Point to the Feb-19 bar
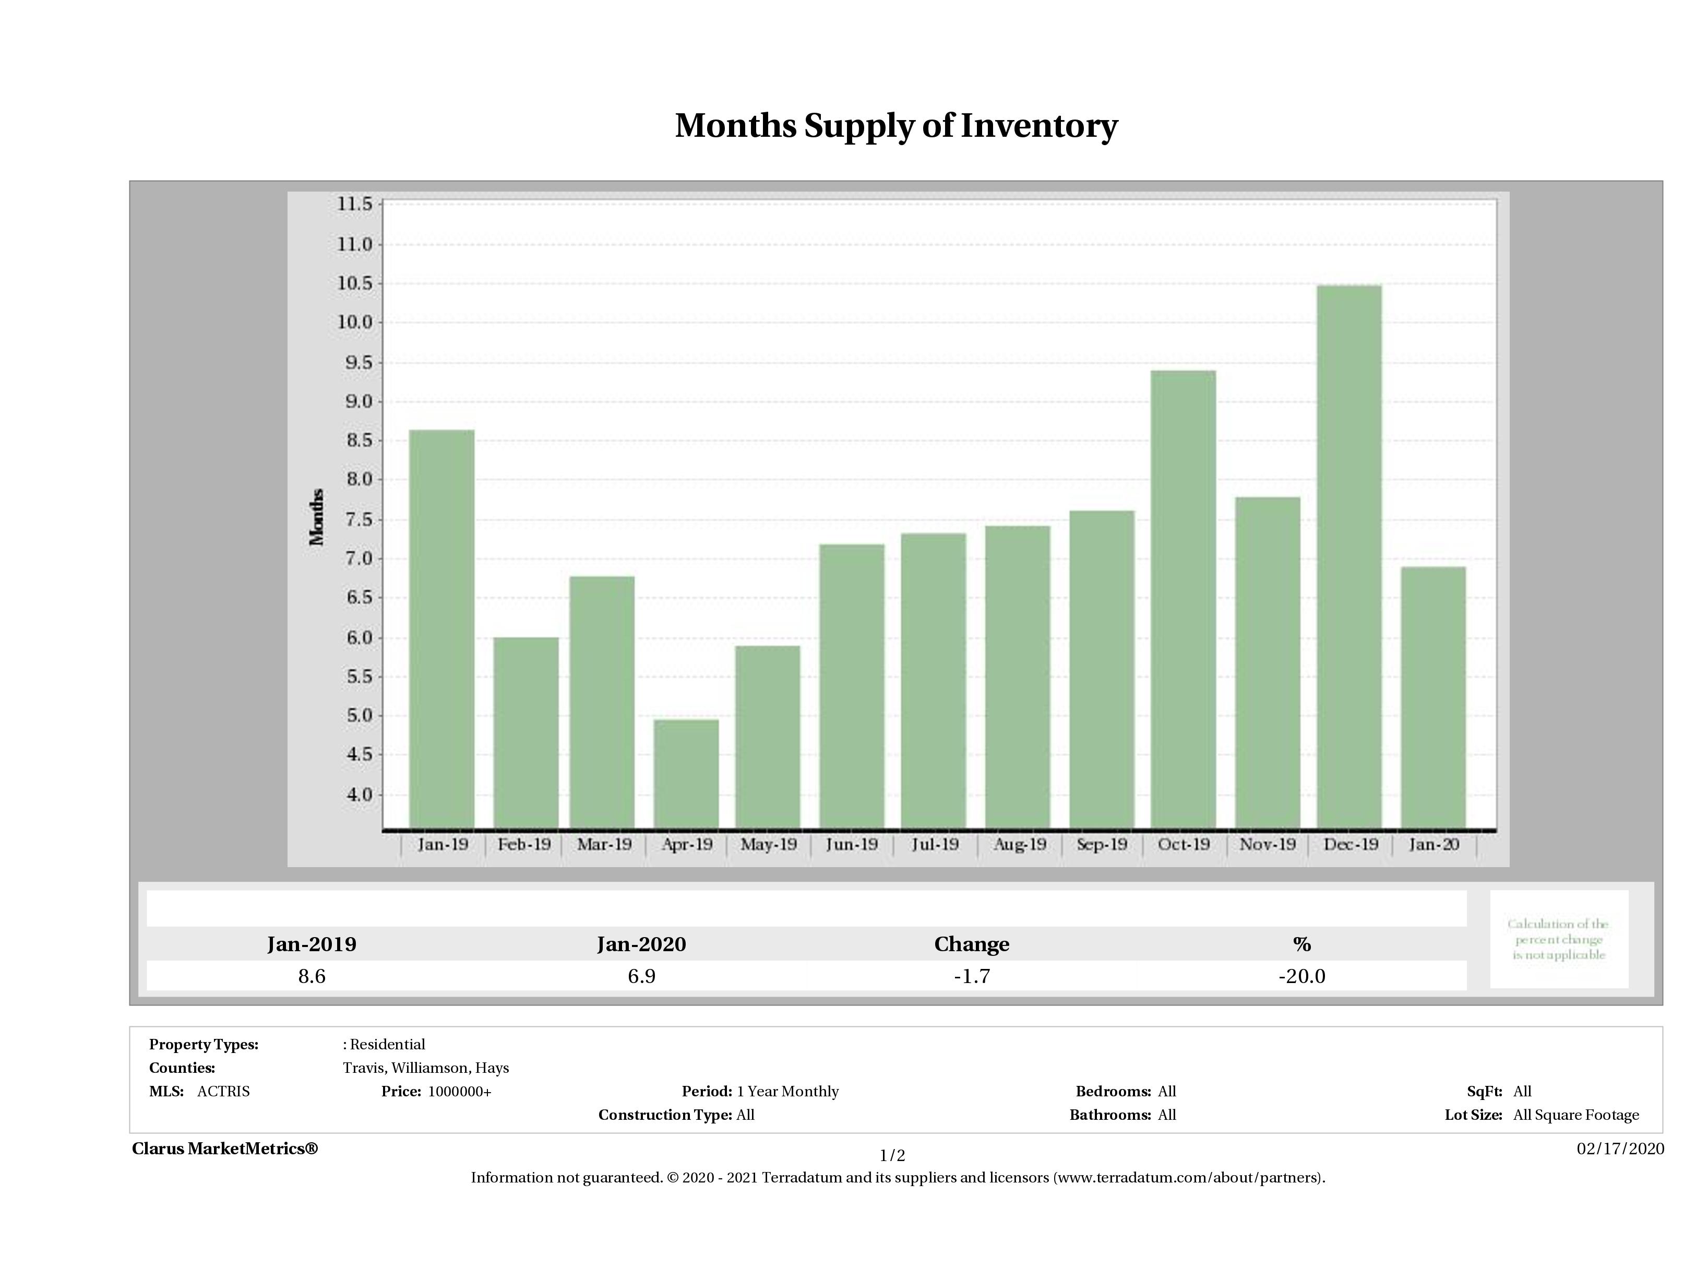[x=525, y=732]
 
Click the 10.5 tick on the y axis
[x=355, y=284]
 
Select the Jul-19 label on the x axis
[x=935, y=845]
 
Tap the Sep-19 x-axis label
[x=1102, y=845]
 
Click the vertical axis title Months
[x=317, y=517]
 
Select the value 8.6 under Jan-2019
[x=312, y=976]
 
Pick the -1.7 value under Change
[x=972, y=976]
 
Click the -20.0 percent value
[x=1302, y=976]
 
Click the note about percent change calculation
[x=1558, y=939]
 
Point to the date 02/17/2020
[x=1620, y=1149]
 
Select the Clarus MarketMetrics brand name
[x=224, y=1149]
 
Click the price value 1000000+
[x=459, y=1092]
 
